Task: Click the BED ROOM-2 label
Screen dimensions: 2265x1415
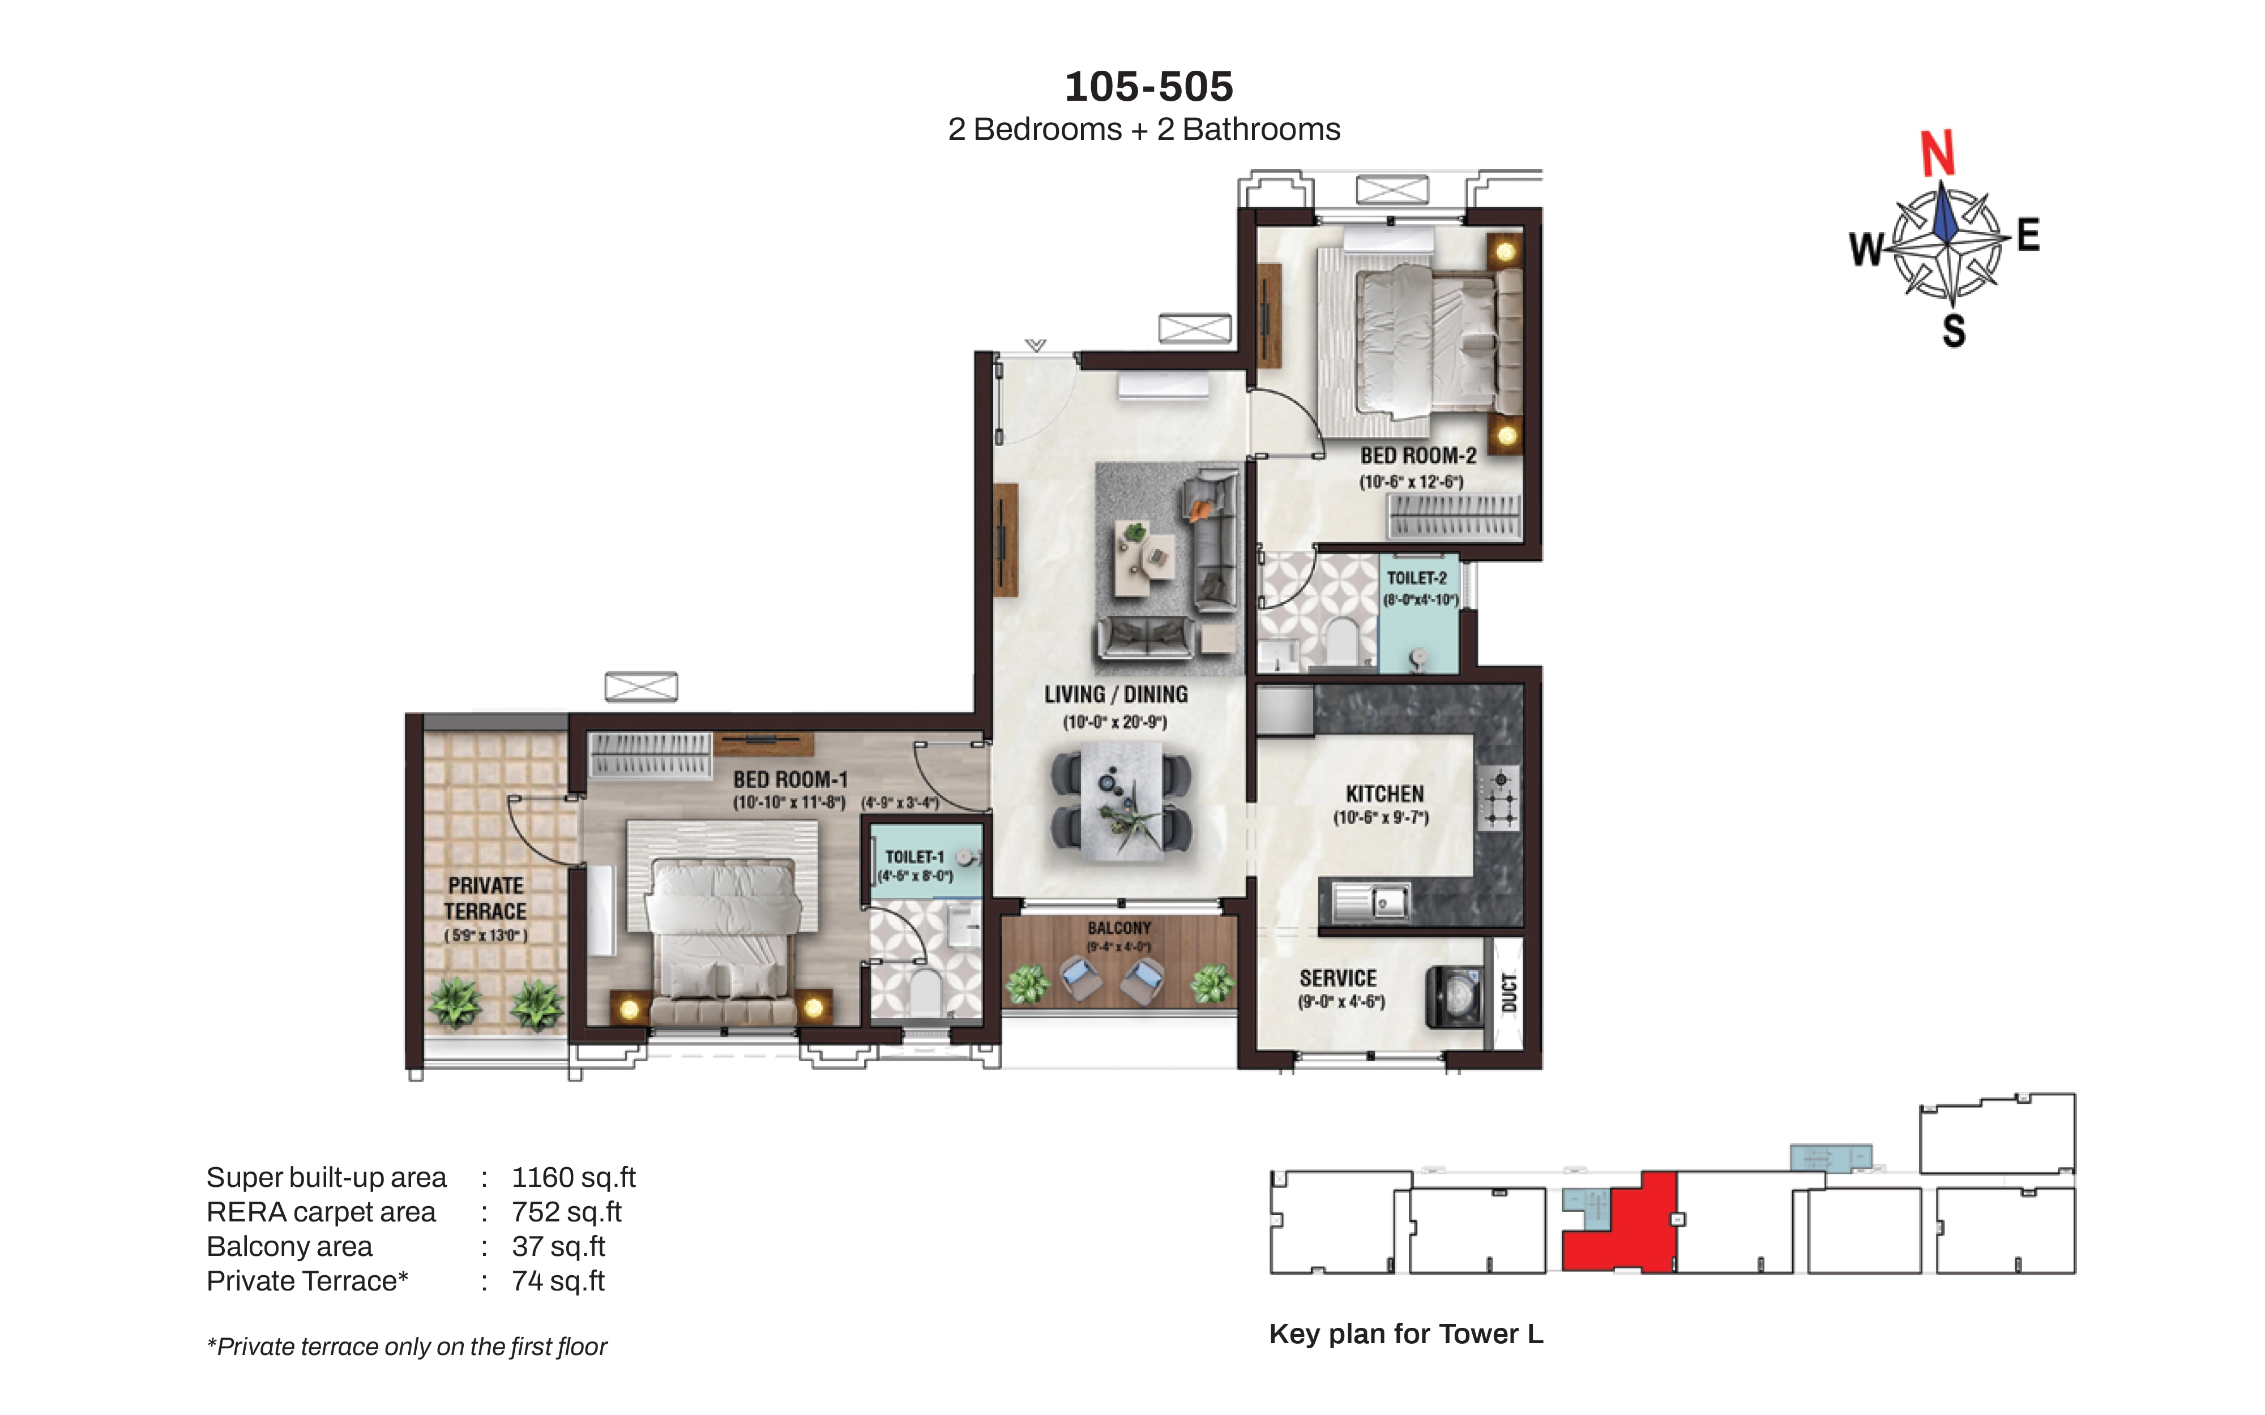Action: tap(1418, 456)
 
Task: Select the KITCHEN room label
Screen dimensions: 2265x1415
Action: tap(1384, 794)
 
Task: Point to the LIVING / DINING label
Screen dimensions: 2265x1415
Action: tap(1116, 694)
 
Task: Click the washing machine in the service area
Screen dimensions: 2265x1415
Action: tap(1454, 997)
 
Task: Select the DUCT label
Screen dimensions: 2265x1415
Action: tap(1508, 993)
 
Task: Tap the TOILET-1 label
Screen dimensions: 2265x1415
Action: tap(914, 856)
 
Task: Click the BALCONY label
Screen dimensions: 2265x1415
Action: tap(1119, 928)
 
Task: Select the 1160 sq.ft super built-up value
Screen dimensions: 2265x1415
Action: tap(574, 1177)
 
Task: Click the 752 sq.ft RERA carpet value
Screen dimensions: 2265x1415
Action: tap(566, 1212)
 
